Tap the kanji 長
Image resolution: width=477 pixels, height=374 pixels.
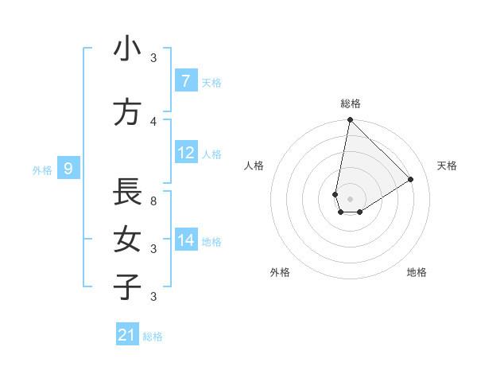(127, 192)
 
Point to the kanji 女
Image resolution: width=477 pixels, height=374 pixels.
(127, 240)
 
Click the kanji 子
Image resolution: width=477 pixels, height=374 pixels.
(127, 287)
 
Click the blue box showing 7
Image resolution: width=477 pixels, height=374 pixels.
(185, 81)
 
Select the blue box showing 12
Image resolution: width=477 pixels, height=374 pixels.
(185, 153)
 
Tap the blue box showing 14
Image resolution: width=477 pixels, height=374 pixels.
(185, 240)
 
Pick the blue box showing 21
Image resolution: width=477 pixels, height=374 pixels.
(127, 336)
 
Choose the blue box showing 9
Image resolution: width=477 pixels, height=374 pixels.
(68, 169)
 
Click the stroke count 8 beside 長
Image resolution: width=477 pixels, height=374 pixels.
(153, 201)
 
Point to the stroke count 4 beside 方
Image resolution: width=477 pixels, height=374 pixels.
(153, 121)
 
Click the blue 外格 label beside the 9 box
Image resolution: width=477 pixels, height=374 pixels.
(42, 169)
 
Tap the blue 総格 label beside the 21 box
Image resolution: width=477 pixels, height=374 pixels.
(153, 337)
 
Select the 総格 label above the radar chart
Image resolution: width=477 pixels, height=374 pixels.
(351, 103)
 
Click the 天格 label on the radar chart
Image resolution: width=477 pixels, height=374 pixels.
(448, 166)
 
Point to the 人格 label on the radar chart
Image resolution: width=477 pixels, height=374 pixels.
(254, 166)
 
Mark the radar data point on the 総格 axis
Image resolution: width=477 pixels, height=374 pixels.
(350, 120)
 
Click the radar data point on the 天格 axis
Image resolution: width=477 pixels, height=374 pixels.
(411, 180)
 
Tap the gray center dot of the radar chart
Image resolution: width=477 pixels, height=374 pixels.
(350, 199)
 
